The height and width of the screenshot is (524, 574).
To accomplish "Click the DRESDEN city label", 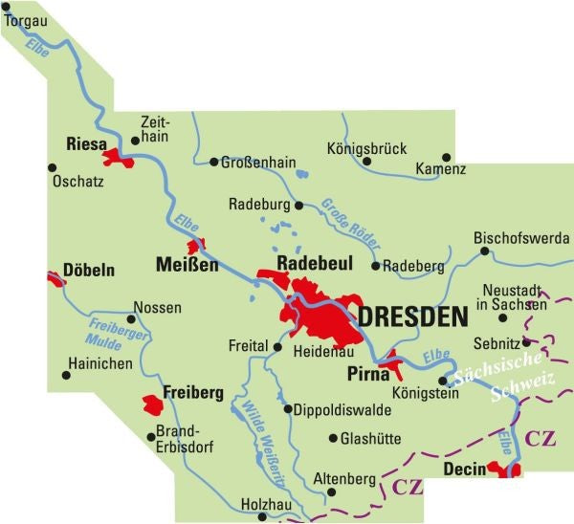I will click(412, 317).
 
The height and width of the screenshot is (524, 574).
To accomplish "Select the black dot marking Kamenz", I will click(447, 156).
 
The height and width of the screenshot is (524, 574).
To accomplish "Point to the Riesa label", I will click(85, 144).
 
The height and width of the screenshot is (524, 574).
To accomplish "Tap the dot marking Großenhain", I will click(214, 162).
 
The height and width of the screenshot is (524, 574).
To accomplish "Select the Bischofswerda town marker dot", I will click(484, 251).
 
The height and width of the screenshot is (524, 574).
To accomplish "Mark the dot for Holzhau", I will click(263, 516).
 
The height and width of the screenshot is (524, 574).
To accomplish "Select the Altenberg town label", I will click(342, 477).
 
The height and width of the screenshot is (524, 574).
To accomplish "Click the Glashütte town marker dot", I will click(333, 439).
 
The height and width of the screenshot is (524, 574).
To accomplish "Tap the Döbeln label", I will click(88, 271).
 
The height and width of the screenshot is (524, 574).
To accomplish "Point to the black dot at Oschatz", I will click(53, 166).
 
